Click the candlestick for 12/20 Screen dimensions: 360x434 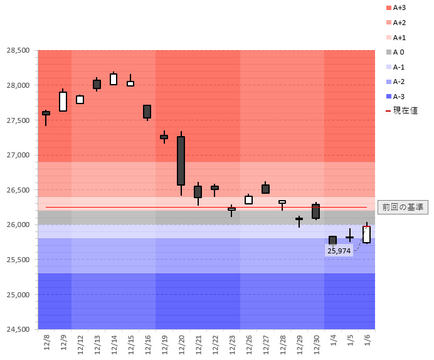click(x=181, y=161)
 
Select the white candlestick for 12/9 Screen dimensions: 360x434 click(x=63, y=102)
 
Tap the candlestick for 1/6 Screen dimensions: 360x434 click(x=366, y=235)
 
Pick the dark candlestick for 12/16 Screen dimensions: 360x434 click(x=147, y=112)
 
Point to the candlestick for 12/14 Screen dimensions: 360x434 click(x=114, y=79)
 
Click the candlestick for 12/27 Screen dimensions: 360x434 click(x=265, y=189)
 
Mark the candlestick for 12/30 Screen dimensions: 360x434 click(x=315, y=211)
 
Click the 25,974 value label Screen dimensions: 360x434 click(x=339, y=250)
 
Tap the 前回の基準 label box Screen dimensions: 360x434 click(x=403, y=207)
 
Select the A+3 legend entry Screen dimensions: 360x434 click(x=398, y=8)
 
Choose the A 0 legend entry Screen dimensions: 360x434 click(x=398, y=52)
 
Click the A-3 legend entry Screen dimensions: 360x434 click(x=398, y=96)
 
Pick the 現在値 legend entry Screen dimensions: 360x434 click(x=401, y=110)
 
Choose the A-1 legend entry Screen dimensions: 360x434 click(x=398, y=67)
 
